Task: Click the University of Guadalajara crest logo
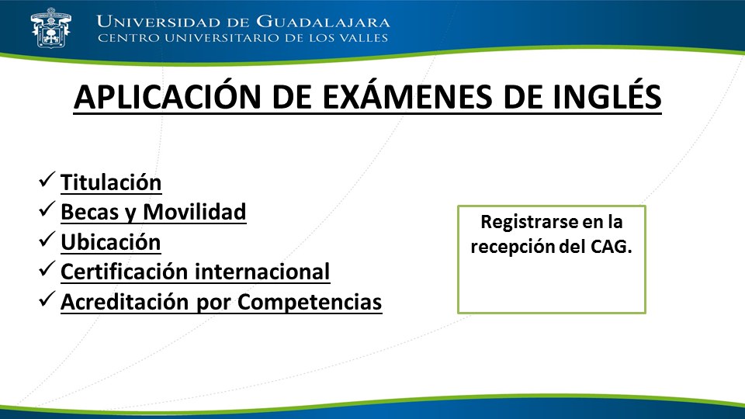coord(50,28)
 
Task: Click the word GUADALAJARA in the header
coord(323,22)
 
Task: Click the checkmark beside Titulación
coord(47,179)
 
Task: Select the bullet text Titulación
coord(111,182)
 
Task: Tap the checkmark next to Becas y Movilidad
coord(47,209)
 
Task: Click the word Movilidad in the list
coord(194,212)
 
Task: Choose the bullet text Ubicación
coord(111,242)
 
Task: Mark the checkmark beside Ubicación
coord(47,239)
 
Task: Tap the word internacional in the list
coord(262,272)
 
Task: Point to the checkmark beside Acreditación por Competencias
coord(47,299)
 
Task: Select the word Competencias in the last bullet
coord(310,302)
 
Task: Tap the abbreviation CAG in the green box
coord(611,247)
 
